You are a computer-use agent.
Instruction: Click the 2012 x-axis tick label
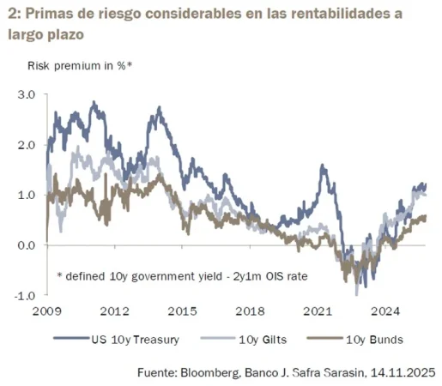[x=114, y=311]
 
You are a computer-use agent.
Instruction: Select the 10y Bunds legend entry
[x=377, y=340]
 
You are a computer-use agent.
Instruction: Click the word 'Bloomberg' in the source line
[x=221, y=373]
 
